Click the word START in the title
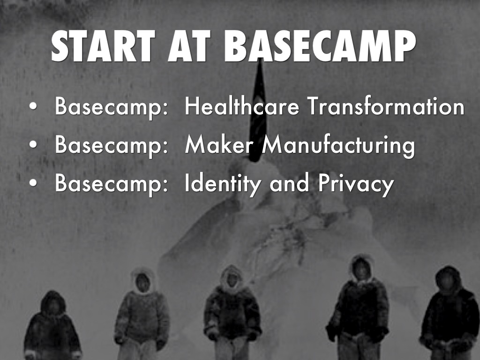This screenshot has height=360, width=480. (x=103, y=46)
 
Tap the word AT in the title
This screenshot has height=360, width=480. (x=189, y=46)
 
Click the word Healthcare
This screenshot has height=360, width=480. (x=242, y=106)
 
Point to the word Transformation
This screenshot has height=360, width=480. (x=386, y=106)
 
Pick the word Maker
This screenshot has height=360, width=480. (x=219, y=144)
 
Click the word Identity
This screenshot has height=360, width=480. (x=223, y=184)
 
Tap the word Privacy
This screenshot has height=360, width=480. (x=356, y=184)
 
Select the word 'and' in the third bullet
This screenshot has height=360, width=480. (x=289, y=183)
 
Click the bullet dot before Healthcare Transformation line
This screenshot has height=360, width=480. (x=33, y=106)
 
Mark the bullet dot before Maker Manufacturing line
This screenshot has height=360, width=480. (x=33, y=145)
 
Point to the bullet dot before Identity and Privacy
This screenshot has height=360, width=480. (x=33, y=183)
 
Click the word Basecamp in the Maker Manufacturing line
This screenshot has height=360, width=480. (x=112, y=146)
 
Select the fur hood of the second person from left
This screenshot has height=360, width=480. (x=142, y=280)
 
